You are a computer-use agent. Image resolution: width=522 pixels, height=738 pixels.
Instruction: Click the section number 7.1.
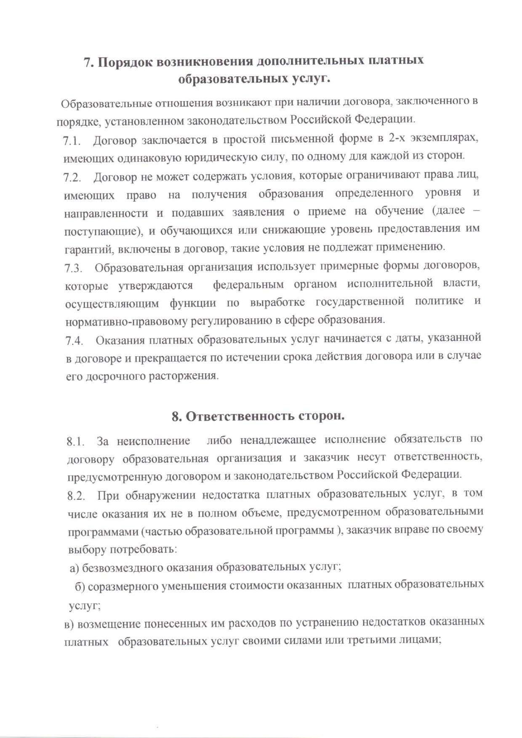(x=72, y=141)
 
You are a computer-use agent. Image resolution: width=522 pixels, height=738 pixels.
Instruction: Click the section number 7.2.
(x=72, y=178)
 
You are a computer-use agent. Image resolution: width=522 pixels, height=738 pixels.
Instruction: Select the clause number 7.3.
(x=73, y=268)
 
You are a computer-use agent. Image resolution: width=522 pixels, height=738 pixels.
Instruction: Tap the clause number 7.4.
(x=74, y=341)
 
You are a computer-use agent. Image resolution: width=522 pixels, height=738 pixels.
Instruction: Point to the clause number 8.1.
(x=76, y=442)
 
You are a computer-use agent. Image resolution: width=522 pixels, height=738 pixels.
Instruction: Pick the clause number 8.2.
(x=76, y=496)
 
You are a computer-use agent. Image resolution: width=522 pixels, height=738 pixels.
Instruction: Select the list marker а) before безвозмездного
(x=75, y=568)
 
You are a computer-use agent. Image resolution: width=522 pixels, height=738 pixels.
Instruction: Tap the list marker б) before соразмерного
(x=80, y=586)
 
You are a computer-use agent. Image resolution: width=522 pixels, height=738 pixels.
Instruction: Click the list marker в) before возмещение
(x=69, y=624)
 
